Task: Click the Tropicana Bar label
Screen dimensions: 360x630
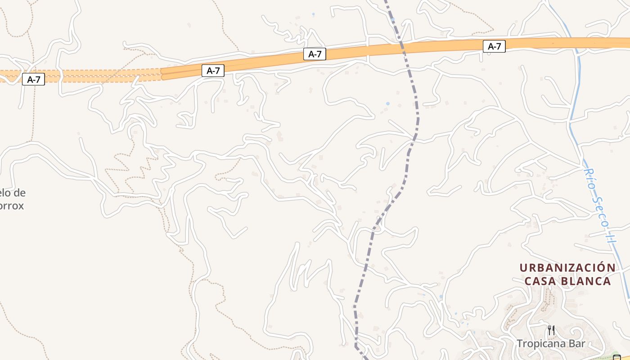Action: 551,344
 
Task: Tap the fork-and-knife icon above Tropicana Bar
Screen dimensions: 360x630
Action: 551,330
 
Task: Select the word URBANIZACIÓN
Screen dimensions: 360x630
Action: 567,268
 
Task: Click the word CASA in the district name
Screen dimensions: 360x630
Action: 540,282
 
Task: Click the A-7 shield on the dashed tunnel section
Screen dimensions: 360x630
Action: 34,80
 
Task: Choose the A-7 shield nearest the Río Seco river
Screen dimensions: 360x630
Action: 494,46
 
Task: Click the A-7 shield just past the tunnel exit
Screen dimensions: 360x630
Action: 213,70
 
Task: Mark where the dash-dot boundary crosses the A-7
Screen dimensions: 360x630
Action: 402,46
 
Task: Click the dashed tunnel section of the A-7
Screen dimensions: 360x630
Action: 90,75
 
